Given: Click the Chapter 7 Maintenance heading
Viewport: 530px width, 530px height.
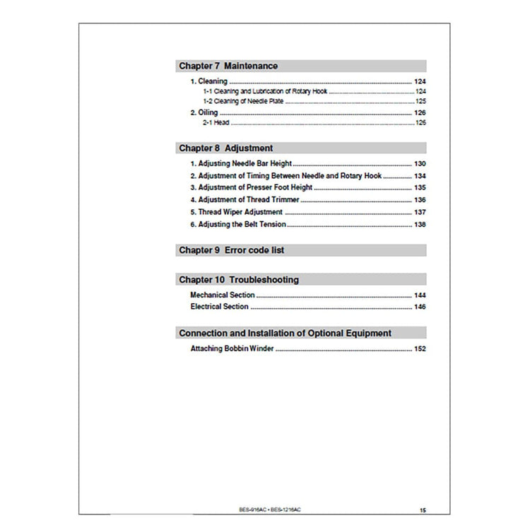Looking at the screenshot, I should pos(228,66).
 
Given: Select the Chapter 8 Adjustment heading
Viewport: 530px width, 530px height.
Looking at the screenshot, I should pos(225,148).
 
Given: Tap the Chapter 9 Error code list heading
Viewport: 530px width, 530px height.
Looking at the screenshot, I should pos(232,250).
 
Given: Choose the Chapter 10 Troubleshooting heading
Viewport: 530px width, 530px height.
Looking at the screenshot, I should pos(238,280).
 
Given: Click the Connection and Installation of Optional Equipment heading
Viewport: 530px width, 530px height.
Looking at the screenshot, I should pos(285,333).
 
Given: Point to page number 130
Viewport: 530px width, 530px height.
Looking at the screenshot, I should pos(419,164).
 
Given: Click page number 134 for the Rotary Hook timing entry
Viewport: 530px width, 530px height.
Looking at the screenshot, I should pos(419,176).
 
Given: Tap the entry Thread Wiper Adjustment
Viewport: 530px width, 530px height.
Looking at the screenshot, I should pos(236,212).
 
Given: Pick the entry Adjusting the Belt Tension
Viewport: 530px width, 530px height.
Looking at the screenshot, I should pos(238,224).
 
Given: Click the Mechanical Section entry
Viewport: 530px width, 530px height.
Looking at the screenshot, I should pos(223,295).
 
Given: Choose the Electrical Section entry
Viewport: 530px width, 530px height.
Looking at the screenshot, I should pos(219,307).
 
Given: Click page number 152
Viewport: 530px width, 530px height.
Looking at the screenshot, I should pos(419,349).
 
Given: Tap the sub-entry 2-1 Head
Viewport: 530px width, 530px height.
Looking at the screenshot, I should pos(213,123).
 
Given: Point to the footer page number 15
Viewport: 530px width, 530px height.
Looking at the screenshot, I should pos(423,510).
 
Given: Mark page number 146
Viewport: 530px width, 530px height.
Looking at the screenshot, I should pos(419,307).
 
